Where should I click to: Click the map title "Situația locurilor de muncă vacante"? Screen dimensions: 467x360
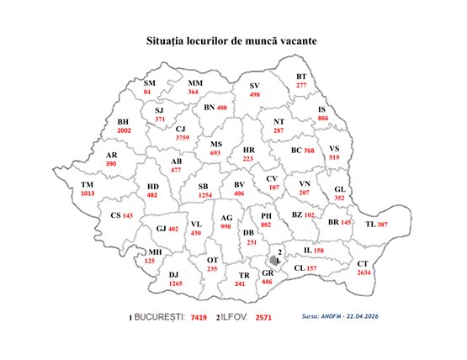(x=233, y=40)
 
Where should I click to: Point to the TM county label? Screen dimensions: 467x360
(x=88, y=184)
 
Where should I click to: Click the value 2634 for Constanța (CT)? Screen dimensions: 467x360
(x=364, y=273)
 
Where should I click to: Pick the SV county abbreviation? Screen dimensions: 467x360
(x=257, y=86)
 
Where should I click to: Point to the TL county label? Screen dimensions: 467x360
(x=370, y=225)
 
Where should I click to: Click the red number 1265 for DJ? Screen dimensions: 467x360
(x=175, y=284)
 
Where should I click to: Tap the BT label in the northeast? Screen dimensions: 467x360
(x=301, y=77)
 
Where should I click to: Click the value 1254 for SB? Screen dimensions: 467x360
(x=204, y=194)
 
